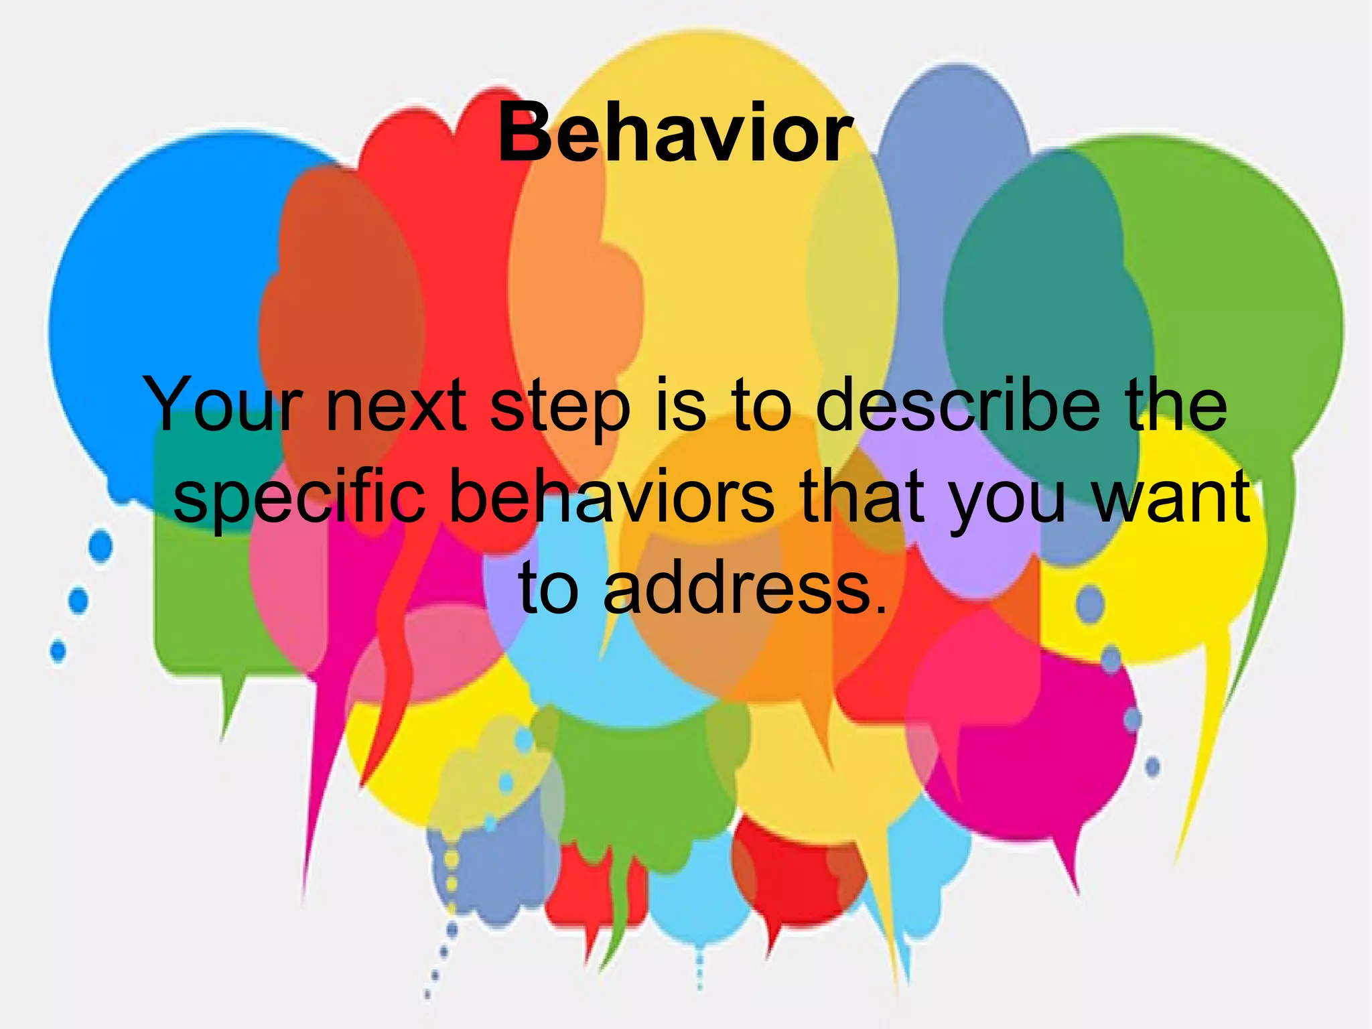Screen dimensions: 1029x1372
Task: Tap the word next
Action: (396, 405)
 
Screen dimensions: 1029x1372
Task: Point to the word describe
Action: (958, 405)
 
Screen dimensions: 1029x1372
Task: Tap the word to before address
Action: (549, 588)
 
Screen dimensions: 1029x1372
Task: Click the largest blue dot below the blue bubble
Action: (101, 545)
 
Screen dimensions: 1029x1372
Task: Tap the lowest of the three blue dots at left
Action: (58, 650)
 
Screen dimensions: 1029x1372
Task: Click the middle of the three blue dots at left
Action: (78, 600)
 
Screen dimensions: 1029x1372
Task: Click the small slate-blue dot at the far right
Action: (1153, 766)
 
